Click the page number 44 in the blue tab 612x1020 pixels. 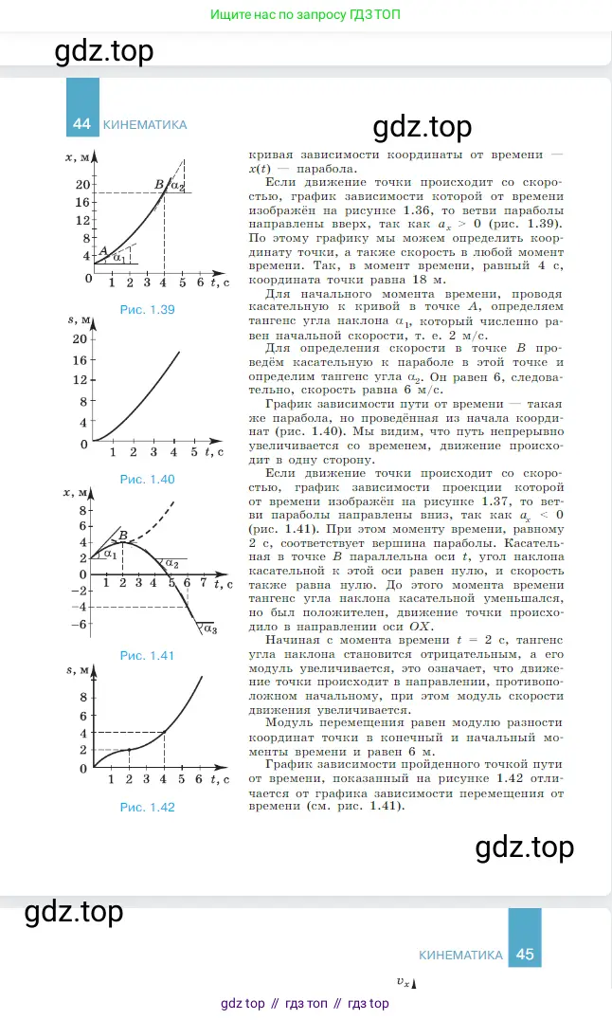[81, 124]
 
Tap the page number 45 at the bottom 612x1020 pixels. [525, 955]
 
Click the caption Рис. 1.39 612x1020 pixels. [148, 309]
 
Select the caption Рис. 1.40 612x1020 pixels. [147, 479]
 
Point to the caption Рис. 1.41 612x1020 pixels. [147, 655]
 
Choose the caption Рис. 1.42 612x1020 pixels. [147, 807]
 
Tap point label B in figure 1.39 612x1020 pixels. [158, 184]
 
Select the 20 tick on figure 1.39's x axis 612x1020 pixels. [82, 185]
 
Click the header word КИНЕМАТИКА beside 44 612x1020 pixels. [144, 124]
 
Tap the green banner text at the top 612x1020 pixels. [305, 16]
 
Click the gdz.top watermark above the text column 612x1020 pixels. [422, 126]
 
